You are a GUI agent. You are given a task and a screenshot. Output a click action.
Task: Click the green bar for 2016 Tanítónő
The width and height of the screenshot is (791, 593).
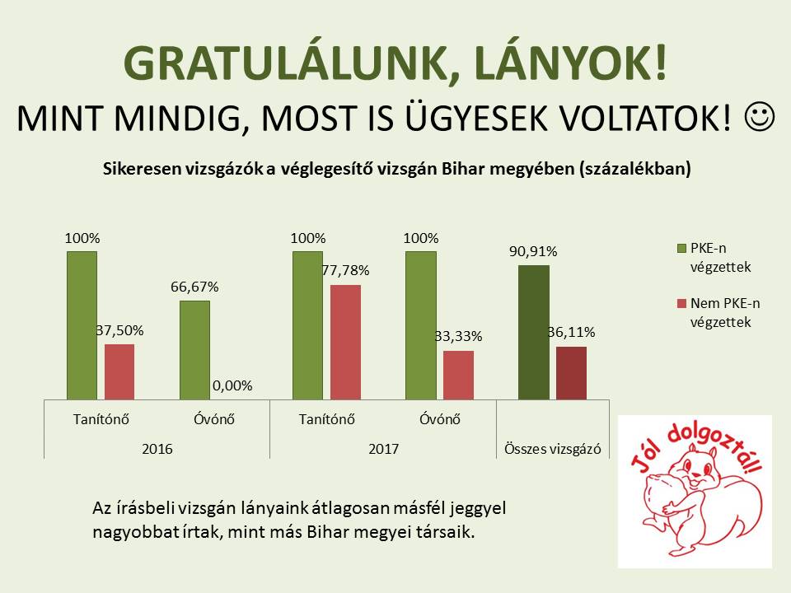tap(82, 325)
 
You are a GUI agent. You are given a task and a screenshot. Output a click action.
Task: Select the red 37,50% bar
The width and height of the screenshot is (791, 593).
tap(119, 371)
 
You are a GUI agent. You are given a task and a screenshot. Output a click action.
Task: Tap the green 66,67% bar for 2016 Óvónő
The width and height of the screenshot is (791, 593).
tap(194, 350)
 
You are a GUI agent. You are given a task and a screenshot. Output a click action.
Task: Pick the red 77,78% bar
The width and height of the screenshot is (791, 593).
tap(345, 342)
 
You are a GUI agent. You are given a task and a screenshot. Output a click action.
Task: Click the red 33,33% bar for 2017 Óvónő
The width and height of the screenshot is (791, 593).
tap(458, 375)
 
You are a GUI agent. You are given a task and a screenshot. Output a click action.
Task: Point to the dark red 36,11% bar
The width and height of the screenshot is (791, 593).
tap(571, 372)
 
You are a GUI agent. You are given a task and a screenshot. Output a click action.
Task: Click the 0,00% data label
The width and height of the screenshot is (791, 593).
tap(232, 385)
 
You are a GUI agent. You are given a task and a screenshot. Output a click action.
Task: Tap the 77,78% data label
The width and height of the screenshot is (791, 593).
tap(346, 271)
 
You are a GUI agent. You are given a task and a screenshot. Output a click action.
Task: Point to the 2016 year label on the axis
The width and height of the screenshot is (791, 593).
tap(157, 450)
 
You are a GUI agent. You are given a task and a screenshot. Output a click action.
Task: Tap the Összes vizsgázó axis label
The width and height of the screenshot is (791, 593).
tap(552, 450)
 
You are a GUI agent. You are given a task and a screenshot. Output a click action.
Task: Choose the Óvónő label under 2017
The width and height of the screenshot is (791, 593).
tap(439, 418)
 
